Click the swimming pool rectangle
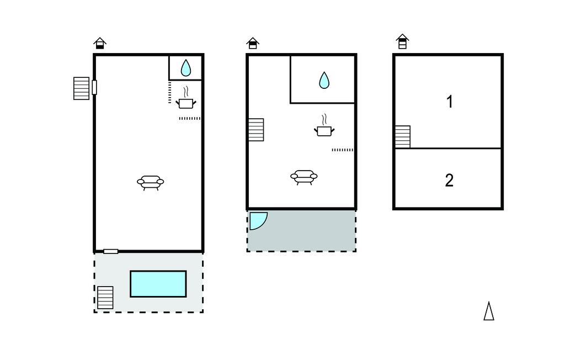(x=158, y=284)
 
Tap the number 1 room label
(x=449, y=102)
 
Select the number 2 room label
(x=449, y=181)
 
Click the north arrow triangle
(x=489, y=311)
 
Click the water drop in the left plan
(x=185, y=68)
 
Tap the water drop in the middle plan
(x=324, y=80)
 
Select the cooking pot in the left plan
(x=186, y=98)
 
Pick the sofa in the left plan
(x=150, y=183)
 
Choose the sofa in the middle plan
(x=304, y=177)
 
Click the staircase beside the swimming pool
(x=105, y=298)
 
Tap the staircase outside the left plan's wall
(x=82, y=88)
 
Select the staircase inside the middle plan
(x=256, y=130)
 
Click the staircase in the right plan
(x=403, y=137)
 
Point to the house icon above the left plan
(x=100, y=43)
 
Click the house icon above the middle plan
(x=253, y=43)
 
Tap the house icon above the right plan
(x=402, y=41)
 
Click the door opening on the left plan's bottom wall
(x=110, y=251)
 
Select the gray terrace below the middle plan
(x=302, y=231)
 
